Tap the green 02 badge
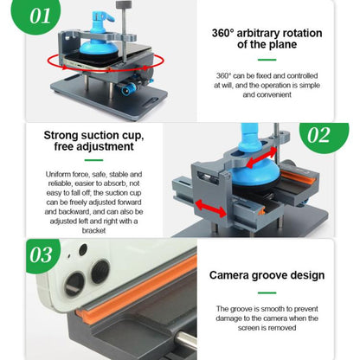pos(318,135)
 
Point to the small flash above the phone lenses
pos(83,250)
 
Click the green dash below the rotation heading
pos(267,61)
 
